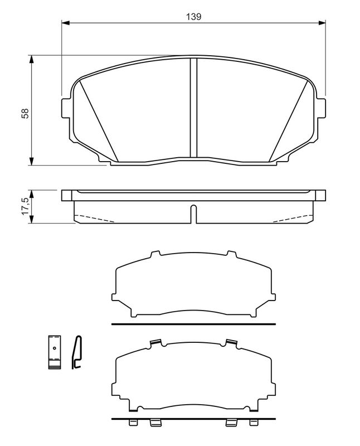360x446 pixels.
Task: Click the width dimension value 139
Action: click(193, 17)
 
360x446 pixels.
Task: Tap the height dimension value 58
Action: click(25, 113)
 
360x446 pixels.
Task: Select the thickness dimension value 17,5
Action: click(25, 206)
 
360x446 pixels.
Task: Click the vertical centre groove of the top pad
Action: click(193, 109)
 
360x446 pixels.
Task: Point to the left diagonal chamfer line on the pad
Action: click(100, 120)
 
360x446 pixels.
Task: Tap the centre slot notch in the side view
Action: click(193, 214)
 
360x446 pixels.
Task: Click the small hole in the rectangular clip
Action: click(54, 349)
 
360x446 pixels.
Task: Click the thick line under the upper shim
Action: click(193, 323)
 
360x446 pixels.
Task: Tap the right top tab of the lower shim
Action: click(230, 342)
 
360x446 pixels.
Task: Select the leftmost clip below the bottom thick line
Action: click(133, 424)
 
